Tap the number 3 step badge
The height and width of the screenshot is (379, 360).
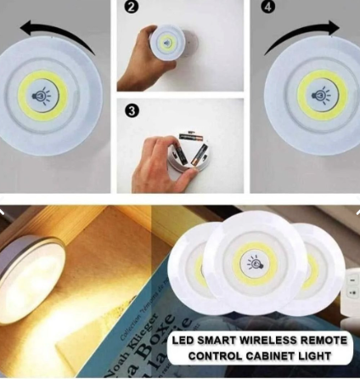click(x=131, y=110)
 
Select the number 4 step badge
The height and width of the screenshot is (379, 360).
click(x=268, y=8)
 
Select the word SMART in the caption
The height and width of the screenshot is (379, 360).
click(x=217, y=340)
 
